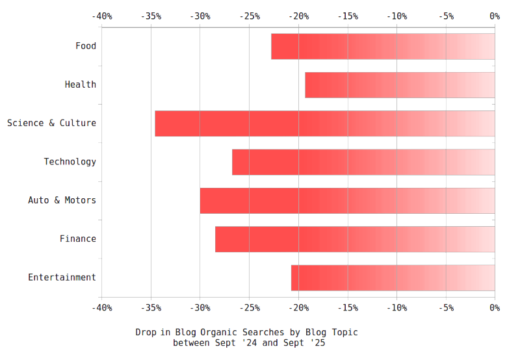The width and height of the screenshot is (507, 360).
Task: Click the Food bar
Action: point(383,46)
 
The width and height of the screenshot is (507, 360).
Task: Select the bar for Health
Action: point(400,84)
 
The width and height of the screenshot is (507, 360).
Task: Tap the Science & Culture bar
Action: point(325,123)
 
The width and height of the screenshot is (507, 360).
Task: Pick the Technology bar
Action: point(363,162)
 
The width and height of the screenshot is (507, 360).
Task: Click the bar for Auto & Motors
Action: point(347,200)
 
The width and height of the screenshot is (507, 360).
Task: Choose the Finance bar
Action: point(355,239)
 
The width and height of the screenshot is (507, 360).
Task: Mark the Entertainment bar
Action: point(393,277)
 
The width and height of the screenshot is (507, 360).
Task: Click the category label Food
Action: point(85,46)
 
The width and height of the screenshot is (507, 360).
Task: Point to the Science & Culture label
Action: point(51,123)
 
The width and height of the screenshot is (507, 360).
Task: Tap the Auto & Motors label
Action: point(62,200)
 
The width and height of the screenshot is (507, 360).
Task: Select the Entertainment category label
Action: point(62,277)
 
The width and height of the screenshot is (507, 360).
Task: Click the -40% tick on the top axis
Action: point(101,16)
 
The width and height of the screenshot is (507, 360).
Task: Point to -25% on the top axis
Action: point(249,16)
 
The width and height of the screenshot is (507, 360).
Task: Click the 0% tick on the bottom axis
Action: point(495,308)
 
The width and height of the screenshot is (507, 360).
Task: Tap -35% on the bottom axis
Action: point(151,308)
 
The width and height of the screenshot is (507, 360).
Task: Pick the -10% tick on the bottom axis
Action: point(396,308)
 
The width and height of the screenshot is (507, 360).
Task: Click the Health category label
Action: point(80,84)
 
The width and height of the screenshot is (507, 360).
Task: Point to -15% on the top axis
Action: point(347,16)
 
